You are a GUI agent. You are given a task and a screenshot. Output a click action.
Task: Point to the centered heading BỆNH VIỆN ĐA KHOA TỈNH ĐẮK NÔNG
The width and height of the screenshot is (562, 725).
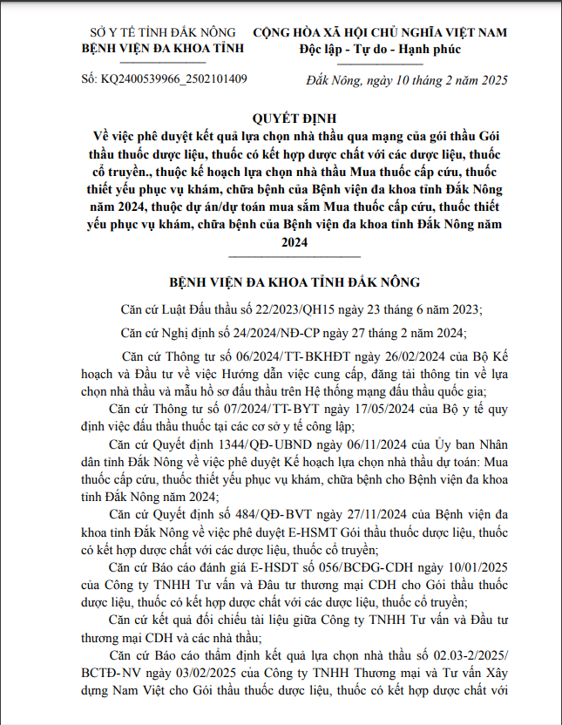(x=294, y=283)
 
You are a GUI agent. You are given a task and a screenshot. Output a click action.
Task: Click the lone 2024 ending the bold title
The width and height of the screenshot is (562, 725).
(x=295, y=243)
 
